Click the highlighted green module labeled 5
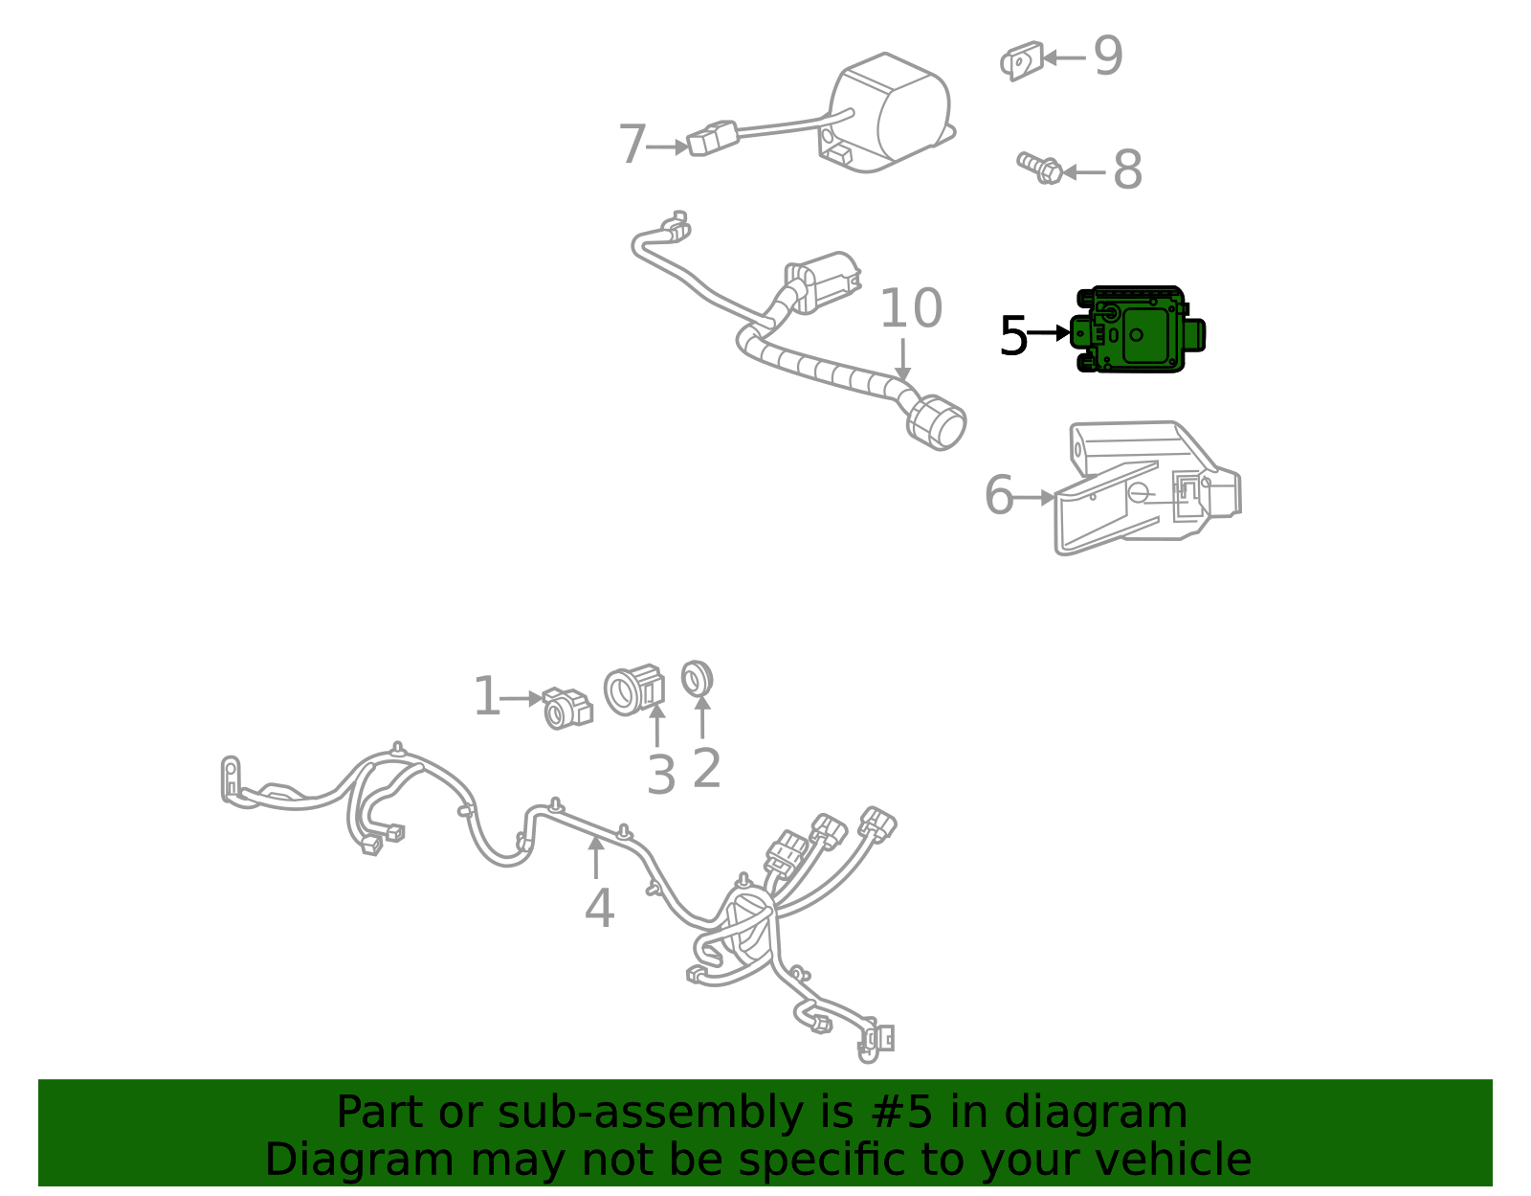pyautogui.click(x=1137, y=330)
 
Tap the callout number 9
pyautogui.click(x=1108, y=56)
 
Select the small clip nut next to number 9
pyautogui.click(x=1021, y=60)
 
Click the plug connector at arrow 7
pyautogui.click(x=711, y=138)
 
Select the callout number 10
pyautogui.click(x=910, y=309)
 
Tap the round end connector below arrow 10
pyautogui.click(x=937, y=422)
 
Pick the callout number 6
pyautogui.click(x=998, y=496)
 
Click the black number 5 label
pyautogui.click(x=1012, y=337)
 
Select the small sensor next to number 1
pyautogui.click(x=567, y=709)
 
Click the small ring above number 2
pyautogui.click(x=697, y=679)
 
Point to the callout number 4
pyautogui.click(x=599, y=909)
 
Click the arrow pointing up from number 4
pyautogui.click(x=595, y=855)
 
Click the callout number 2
pyautogui.click(x=706, y=768)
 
